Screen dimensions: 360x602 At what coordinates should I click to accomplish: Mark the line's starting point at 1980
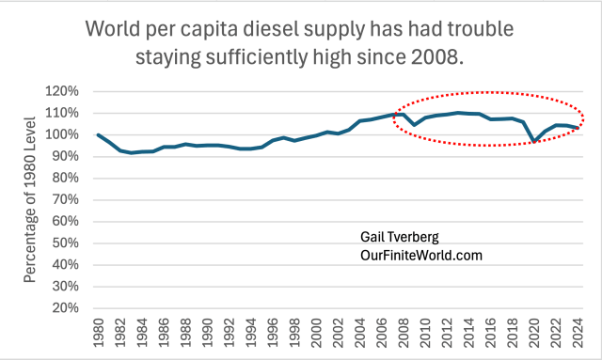pyautogui.click(x=99, y=134)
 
